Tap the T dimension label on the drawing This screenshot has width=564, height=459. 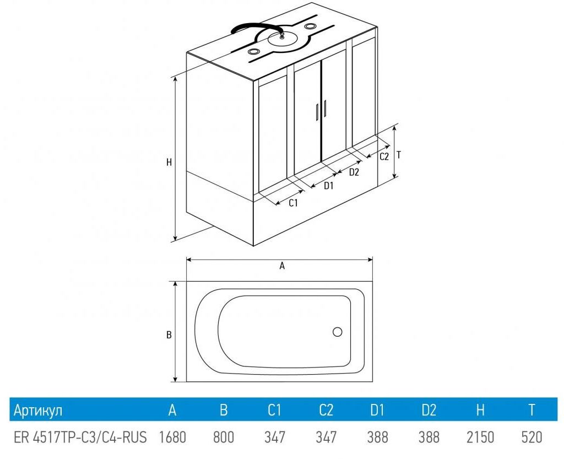[x=399, y=155]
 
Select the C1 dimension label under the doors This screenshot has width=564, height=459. [x=294, y=203]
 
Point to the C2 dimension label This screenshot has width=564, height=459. [x=384, y=156]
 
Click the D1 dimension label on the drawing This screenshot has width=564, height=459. [x=329, y=186]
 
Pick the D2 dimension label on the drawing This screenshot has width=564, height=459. [x=354, y=172]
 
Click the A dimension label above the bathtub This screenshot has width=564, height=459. [x=282, y=266]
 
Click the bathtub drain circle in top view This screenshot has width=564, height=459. [x=338, y=332]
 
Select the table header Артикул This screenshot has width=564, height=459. [x=38, y=410]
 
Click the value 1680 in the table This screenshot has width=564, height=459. [x=172, y=438]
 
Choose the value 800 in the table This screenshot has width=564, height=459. [x=223, y=438]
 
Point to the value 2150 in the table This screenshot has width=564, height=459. [x=480, y=438]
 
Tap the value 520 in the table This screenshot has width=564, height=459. [x=532, y=438]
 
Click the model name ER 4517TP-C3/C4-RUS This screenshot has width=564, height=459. [x=80, y=438]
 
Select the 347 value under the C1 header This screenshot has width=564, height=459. [x=275, y=438]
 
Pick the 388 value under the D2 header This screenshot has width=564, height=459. [x=429, y=438]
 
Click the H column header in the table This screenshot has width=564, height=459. [x=480, y=410]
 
